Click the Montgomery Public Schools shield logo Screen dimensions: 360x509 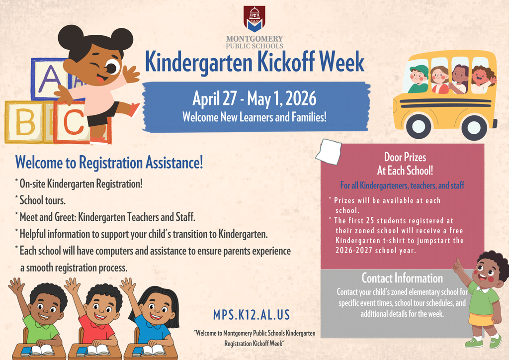(254, 19)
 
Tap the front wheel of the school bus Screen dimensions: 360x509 (418, 126)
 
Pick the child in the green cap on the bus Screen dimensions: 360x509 (418, 80)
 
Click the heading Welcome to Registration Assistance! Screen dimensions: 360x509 (109, 162)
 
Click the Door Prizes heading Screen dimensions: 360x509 (405, 157)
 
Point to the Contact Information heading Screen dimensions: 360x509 (402, 278)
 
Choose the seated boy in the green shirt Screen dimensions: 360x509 (42, 318)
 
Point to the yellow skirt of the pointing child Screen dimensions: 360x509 (481, 319)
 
